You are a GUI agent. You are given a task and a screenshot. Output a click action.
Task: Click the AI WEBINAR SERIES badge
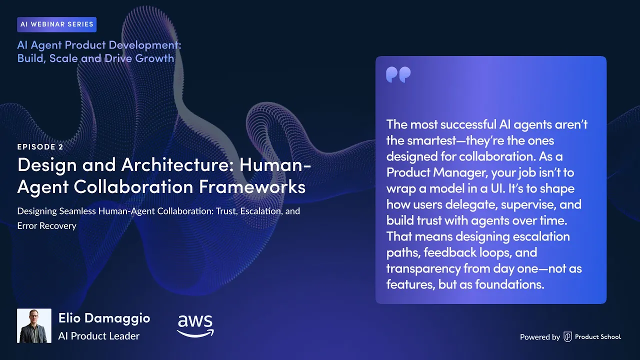coord(56,24)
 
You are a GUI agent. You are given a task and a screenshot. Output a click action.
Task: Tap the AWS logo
coord(195,325)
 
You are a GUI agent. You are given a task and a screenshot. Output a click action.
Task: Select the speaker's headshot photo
coord(34,325)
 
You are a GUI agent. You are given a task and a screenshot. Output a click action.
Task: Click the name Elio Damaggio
coord(104,318)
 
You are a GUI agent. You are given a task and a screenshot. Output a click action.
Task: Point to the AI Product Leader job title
coord(98,336)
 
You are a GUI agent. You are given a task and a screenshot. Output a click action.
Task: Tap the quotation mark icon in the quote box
coord(398,75)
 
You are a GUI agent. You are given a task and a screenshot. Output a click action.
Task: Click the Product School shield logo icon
coord(567,337)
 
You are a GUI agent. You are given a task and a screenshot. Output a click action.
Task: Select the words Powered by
coord(539,337)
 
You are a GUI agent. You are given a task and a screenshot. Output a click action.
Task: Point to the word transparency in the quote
coord(423,268)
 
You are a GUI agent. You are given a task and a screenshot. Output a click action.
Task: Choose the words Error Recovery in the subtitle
coord(47,225)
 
